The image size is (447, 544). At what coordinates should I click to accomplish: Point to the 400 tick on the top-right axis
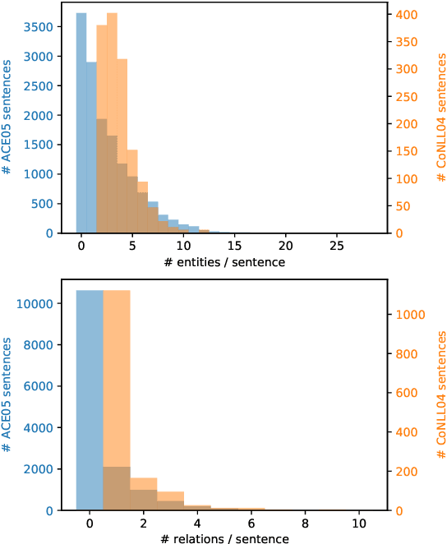pyautogui.click(x=405, y=15)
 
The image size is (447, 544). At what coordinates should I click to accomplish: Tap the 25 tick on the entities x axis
pyautogui.click(x=337, y=246)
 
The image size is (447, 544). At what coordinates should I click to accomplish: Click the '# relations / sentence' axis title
pyautogui.click(x=223, y=539)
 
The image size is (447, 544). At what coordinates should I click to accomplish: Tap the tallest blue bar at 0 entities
pyautogui.click(x=81, y=123)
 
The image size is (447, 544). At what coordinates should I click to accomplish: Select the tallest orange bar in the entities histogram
pyautogui.click(x=112, y=123)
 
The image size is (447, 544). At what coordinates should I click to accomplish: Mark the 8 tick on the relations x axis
pyautogui.click(x=305, y=523)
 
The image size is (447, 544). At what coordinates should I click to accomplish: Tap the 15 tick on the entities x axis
pyautogui.click(x=234, y=246)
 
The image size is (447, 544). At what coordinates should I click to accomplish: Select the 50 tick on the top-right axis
pyautogui.click(x=403, y=206)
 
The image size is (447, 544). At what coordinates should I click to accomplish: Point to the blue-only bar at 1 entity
pyautogui.click(x=91, y=148)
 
